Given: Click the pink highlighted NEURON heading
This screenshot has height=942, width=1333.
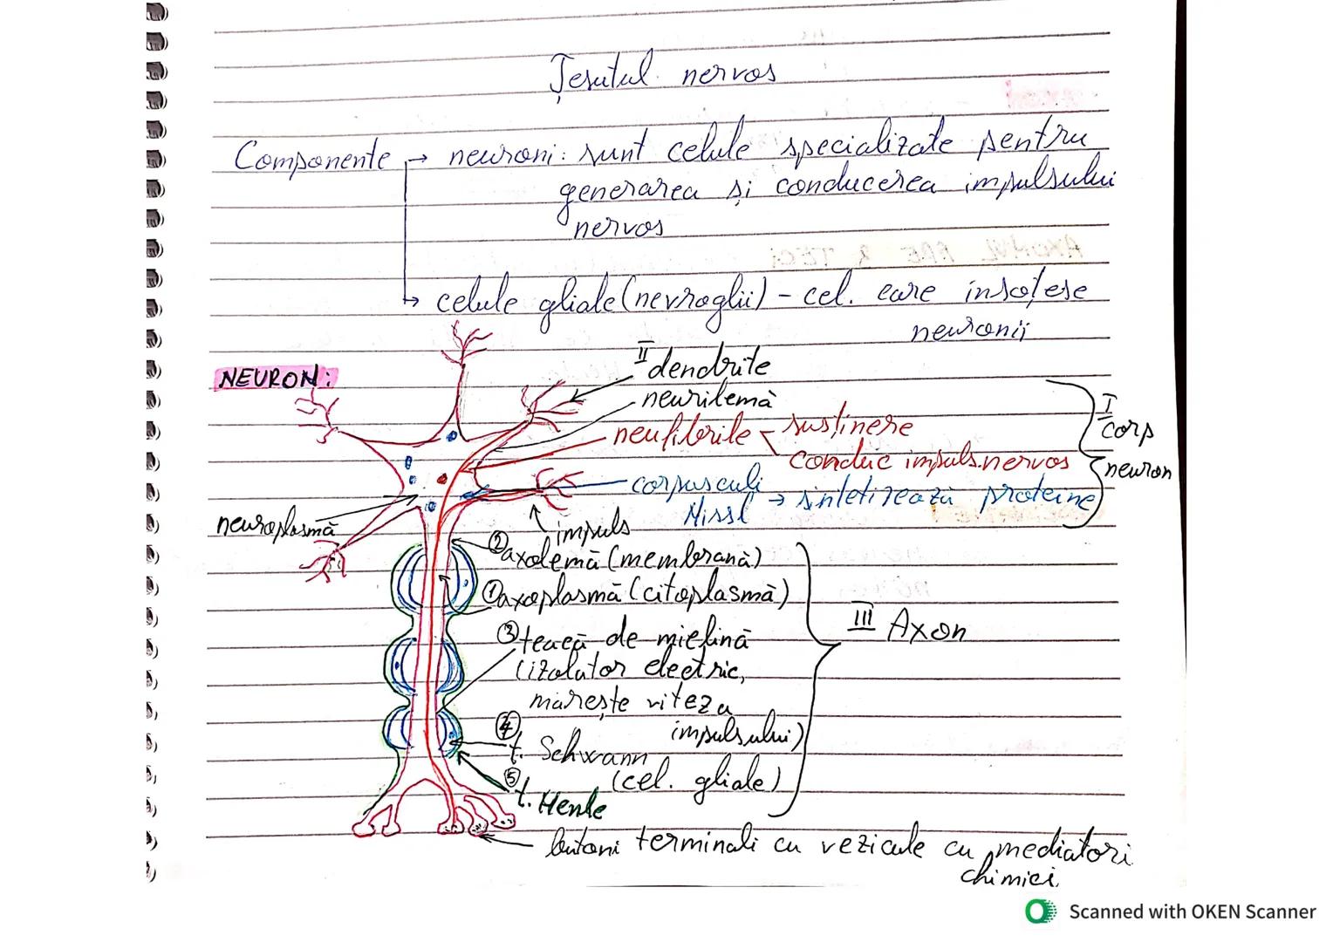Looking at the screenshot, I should [275, 379].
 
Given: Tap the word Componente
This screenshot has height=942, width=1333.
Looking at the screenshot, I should [311, 159].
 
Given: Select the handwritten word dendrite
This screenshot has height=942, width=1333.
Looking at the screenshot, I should [711, 364].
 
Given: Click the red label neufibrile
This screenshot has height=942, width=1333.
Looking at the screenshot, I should [681, 433].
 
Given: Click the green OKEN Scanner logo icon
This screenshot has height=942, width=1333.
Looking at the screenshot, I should [1040, 911].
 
